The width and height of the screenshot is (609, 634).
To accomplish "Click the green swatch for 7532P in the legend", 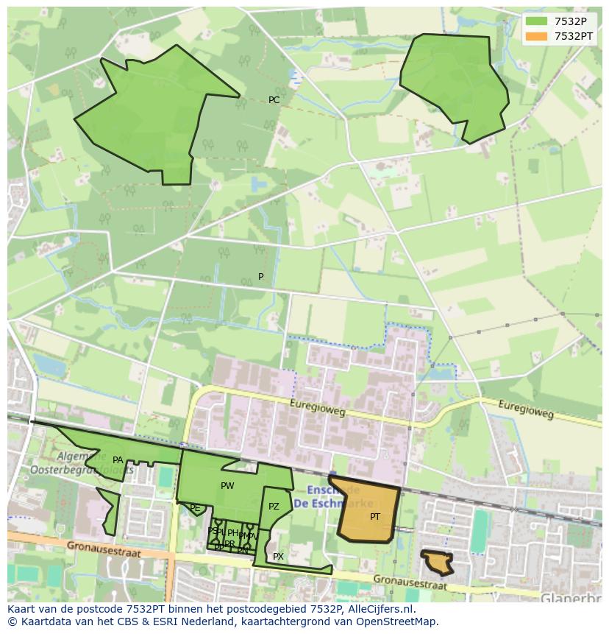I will [x=536, y=21].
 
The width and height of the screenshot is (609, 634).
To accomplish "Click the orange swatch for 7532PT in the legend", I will [x=536, y=36].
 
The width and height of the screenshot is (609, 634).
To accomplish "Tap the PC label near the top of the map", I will [x=274, y=100].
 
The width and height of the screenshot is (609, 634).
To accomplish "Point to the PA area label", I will [x=118, y=460].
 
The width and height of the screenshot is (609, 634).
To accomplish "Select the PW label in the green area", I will [x=227, y=486].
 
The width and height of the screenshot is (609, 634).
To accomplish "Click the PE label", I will [x=195, y=508].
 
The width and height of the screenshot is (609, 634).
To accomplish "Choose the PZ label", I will [x=274, y=507].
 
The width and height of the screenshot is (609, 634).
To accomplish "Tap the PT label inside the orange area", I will [x=375, y=517].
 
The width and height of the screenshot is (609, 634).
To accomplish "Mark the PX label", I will [x=278, y=557].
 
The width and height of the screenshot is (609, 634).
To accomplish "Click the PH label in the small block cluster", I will [x=232, y=533].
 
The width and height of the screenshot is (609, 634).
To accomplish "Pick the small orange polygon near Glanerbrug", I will [x=438, y=563].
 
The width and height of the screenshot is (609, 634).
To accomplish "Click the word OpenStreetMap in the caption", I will [x=402, y=621].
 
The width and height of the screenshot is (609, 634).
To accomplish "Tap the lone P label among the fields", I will [x=260, y=277].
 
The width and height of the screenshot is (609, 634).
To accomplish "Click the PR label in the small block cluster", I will [x=229, y=544].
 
